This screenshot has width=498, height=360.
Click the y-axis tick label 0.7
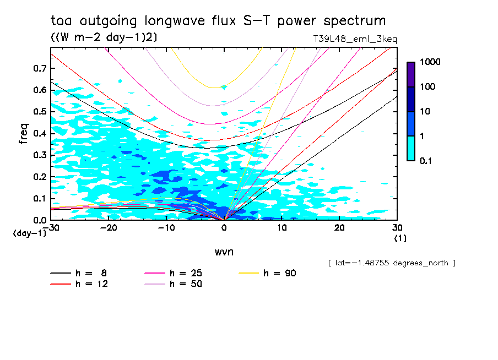40,68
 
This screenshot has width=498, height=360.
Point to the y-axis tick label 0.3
40,155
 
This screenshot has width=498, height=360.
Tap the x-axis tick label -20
109,228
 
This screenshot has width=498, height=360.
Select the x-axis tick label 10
282,228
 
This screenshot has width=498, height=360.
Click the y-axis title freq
23,134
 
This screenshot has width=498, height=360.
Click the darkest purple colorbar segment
411,74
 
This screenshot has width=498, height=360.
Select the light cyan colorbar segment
411,148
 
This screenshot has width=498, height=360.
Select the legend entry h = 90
268,273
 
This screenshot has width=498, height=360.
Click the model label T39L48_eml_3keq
354,39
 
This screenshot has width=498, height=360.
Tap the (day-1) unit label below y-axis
29,233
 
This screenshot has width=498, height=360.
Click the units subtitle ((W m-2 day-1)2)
104,37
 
